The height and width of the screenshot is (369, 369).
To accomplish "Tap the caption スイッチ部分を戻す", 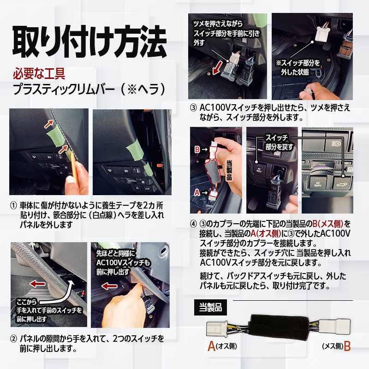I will pos(275,142).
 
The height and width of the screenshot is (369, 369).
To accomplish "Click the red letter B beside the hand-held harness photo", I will pos(197,149).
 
